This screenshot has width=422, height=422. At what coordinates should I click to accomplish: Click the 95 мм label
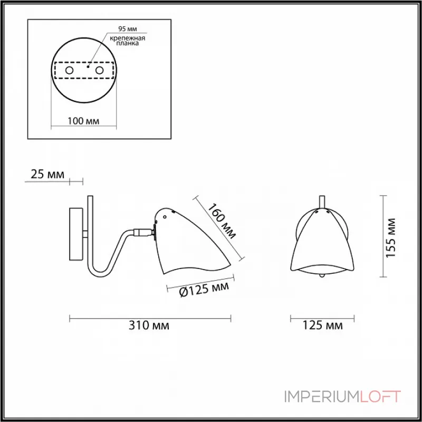(128, 29)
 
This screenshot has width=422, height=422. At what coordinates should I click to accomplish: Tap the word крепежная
(127, 38)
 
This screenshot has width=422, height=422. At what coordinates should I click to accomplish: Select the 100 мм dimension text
(83, 121)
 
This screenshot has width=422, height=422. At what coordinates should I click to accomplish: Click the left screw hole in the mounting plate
(69, 71)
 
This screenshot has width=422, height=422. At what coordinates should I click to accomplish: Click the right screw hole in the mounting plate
(99, 71)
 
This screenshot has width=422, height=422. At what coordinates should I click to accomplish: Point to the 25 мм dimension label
(47, 175)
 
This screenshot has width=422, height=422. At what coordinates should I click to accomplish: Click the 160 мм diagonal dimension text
(222, 221)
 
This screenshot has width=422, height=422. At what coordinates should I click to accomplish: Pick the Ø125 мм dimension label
(204, 289)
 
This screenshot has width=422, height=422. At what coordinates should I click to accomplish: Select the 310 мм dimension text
(149, 325)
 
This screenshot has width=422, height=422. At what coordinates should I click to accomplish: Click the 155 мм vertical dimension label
(391, 238)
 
